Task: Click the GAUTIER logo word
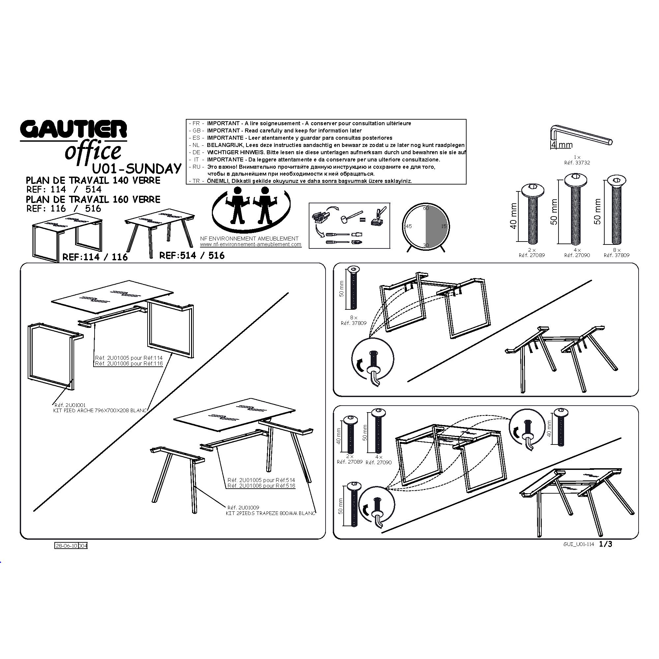coord(73,129)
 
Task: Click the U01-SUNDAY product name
coord(137,169)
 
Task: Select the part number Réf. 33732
coord(577,163)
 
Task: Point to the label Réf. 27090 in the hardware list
coord(577,255)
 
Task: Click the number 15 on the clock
coord(444,226)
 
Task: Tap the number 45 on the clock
coord(409,226)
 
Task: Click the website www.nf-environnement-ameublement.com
coord(251,244)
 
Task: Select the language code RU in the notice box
coord(196,167)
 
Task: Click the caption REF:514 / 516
coord(192,255)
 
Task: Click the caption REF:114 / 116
coord(95,257)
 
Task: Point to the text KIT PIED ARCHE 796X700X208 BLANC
coord(100,411)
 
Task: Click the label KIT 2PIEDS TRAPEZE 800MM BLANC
coord(271,513)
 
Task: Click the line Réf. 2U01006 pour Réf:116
coord(129,364)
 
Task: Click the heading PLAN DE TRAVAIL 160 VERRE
coord(93,199)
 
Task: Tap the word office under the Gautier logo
coord(93,151)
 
